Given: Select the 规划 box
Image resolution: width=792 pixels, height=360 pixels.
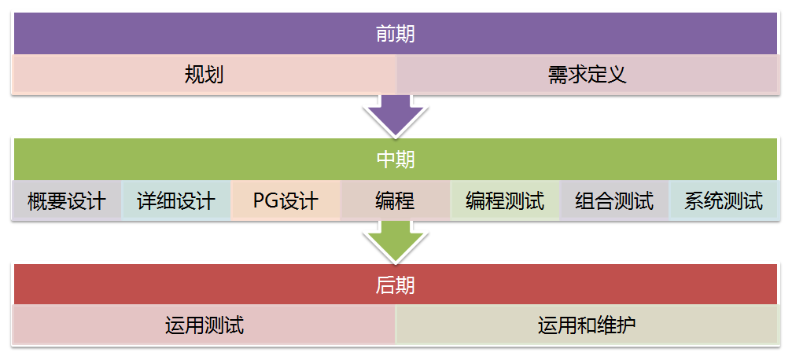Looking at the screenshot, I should [x=204, y=75].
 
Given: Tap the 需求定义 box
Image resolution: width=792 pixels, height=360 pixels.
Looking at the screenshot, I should [x=587, y=75].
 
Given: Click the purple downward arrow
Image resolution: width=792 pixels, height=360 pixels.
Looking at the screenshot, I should [x=396, y=115].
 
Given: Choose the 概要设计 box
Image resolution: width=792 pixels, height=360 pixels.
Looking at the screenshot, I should [x=67, y=200].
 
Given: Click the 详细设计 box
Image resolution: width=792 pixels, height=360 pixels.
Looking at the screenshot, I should [x=176, y=200].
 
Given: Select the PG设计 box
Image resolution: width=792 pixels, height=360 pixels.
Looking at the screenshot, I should [x=285, y=200].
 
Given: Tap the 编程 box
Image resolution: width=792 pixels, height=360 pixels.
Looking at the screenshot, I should [x=395, y=200].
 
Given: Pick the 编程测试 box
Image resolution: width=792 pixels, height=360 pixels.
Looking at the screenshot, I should [x=504, y=200].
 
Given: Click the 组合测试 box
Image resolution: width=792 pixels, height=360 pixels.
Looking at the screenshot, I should [x=613, y=200].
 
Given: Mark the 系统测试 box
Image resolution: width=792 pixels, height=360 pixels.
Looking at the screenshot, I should [x=724, y=200].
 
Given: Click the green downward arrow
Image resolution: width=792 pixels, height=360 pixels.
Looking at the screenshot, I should [x=396, y=240].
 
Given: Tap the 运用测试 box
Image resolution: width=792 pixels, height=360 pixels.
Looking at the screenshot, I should [x=204, y=325].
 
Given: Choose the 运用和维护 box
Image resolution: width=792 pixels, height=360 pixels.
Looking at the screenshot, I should [x=587, y=325].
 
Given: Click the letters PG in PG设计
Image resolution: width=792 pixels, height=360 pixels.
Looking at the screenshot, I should [x=265, y=201].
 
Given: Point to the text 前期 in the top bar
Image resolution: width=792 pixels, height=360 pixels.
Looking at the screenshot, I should [x=396, y=35].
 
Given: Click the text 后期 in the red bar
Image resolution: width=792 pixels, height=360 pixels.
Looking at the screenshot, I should [x=396, y=285].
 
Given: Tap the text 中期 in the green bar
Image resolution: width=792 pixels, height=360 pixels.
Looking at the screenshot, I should [x=396, y=160].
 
